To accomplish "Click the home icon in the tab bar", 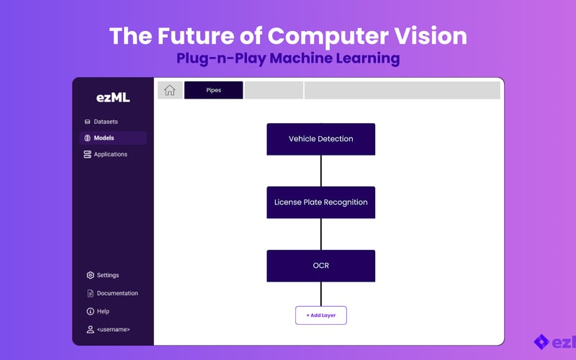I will coord(170,90).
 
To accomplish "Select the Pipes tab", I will coord(213,90).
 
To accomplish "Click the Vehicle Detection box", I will coord(320,139).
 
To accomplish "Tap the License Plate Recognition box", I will coord(320,202).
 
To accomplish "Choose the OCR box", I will coord(320,266).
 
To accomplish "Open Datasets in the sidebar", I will coord(105,122).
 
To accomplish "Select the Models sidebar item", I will coord(104,138).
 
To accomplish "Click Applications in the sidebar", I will coord(110,154).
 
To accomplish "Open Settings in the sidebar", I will coord(107,275).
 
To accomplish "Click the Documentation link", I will coord(117,293).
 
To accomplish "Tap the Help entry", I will coord(103,311).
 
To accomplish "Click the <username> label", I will coord(113,329).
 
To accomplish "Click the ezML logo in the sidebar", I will coord(113,98).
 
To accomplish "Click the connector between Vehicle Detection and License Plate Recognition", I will coord(321,171).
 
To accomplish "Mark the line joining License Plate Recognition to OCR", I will coord(321,234).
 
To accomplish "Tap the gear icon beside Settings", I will coord(90,275).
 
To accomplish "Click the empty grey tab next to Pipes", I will coord(274,90).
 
